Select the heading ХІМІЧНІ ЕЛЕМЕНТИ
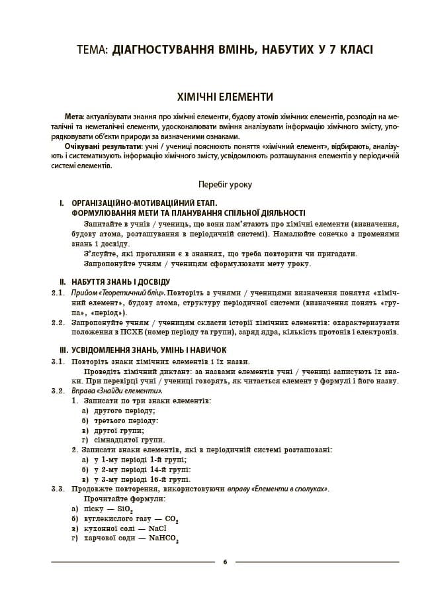pyautogui.click(x=214, y=97)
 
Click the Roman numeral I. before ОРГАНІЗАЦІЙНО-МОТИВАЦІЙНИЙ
pyautogui.click(x=61, y=203)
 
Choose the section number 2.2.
pyautogui.click(x=58, y=323)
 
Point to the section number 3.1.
pyautogui.click(x=58, y=362)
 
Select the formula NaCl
pyautogui.click(x=157, y=529)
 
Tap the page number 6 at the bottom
pyautogui.click(x=225, y=562)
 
